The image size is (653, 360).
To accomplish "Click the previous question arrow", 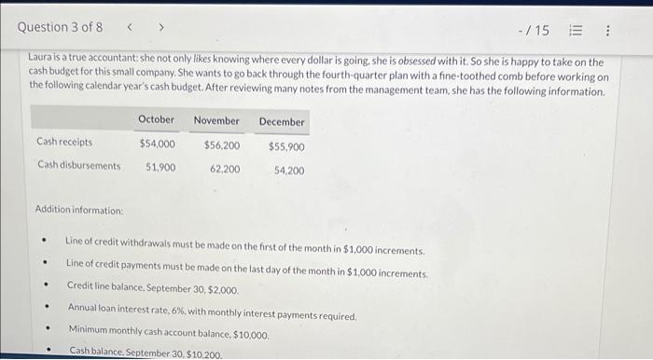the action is (x=131, y=28).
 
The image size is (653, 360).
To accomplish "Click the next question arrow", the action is (x=160, y=28).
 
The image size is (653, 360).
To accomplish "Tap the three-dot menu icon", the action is (x=608, y=31).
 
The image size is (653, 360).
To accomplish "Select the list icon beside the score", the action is (x=578, y=31).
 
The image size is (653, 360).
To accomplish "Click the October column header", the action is (x=156, y=119).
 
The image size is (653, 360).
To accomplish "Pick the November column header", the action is (x=216, y=120).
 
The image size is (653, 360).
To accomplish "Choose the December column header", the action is (x=282, y=122).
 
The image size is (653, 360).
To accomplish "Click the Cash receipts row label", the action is (x=64, y=143).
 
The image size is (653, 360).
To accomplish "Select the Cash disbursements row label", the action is (x=79, y=166).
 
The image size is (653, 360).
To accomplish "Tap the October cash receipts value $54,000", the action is (x=157, y=144).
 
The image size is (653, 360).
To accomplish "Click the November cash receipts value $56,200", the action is (x=222, y=145).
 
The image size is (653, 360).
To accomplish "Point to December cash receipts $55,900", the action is (x=286, y=147).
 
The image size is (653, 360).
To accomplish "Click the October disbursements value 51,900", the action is (x=160, y=167).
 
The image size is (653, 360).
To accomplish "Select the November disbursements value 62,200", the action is (x=225, y=169).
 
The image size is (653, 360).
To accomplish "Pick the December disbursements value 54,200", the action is (x=289, y=171).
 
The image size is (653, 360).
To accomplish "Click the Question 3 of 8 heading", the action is (x=61, y=27).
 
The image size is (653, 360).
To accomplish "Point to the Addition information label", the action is (x=79, y=210).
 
